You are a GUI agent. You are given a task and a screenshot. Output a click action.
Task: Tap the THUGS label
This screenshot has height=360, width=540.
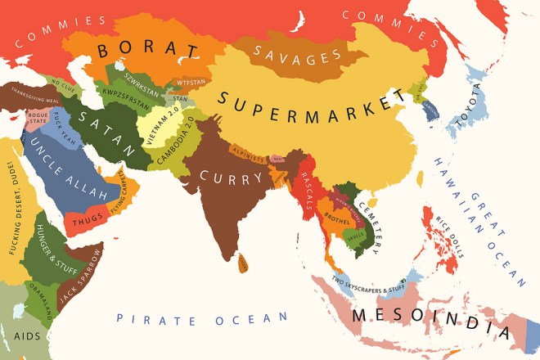click(x=88, y=218)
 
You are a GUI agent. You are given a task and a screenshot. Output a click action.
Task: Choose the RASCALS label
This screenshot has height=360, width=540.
click(x=311, y=190)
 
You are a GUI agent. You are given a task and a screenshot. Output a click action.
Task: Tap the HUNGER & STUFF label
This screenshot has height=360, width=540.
click(x=47, y=245)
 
